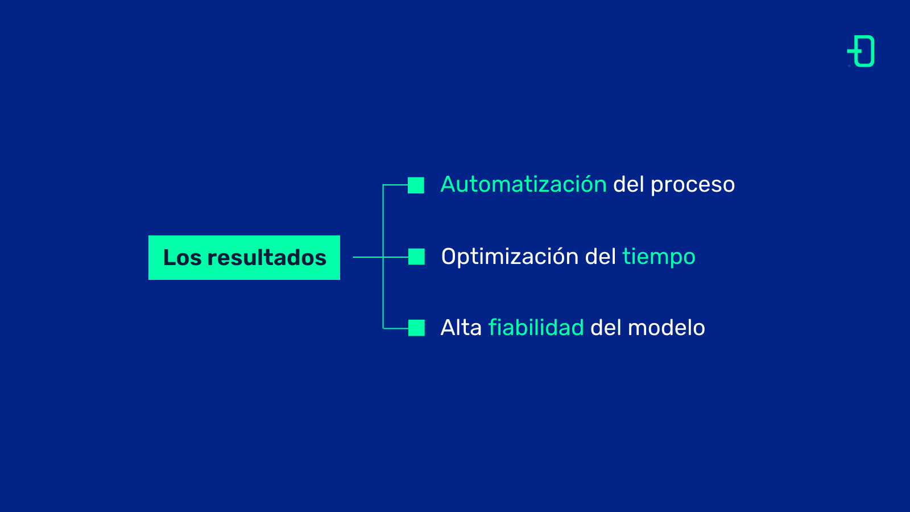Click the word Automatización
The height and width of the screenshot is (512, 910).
click(x=524, y=184)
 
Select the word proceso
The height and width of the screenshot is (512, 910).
click(x=693, y=186)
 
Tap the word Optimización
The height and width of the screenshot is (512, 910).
click(x=510, y=257)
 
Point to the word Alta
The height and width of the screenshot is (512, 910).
click(x=461, y=328)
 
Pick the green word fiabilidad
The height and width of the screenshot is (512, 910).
click(x=536, y=328)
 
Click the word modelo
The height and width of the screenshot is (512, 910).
click(x=666, y=328)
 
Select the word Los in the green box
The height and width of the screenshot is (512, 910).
click(x=182, y=258)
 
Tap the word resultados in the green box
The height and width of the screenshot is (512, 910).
click(x=267, y=258)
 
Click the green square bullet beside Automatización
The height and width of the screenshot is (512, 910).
click(x=416, y=185)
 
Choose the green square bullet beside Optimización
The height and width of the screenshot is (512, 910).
click(x=416, y=257)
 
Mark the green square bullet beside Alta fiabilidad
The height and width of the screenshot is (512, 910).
click(x=416, y=328)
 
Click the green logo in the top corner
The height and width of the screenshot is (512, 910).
click(x=861, y=51)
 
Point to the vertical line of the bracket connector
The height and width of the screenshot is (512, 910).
click(x=383, y=257)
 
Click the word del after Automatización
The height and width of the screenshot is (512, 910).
click(x=628, y=184)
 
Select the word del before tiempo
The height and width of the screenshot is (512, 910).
click(x=601, y=257)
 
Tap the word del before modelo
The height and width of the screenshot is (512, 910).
click(x=606, y=328)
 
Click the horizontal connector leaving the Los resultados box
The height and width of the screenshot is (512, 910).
click(x=368, y=257)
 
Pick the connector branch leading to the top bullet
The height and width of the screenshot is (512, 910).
click(x=395, y=185)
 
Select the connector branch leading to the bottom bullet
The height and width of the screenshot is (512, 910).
click(x=396, y=328)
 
